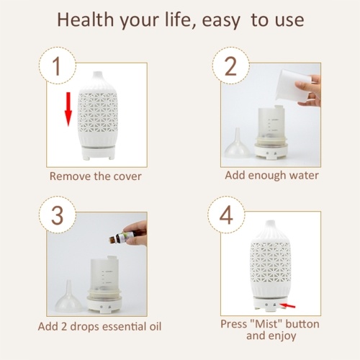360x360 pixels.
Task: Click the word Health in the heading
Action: pyautogui.click(x=85, y=19)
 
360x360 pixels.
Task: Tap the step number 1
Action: pyautogui.click(x=57, y=66)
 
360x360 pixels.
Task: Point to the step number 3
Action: pyautogui.click(x=57, y=215)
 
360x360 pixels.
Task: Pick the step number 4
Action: pyautogui.click(x=226, y=215)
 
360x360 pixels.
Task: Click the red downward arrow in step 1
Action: pyautogui.click(x=68, y=109)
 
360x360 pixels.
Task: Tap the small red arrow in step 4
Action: pyautogui.click(x=287, y=305)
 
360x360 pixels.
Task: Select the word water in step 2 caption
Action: pyautogui.click(x=304, y=176)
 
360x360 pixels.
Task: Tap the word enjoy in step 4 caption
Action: pyautogui.click(x=282, y=336)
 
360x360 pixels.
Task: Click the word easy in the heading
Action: pyautogui.click(x=221, y=21)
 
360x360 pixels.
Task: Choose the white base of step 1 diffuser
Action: pyautogui.click(x=97, y=153)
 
